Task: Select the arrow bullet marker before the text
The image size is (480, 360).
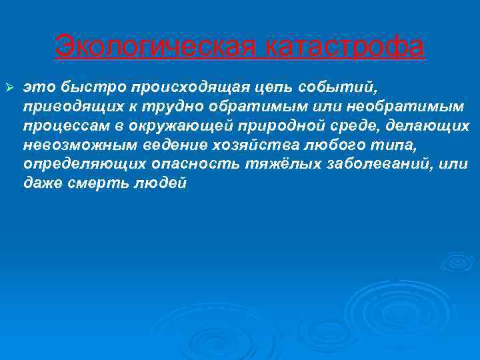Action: tap(10, 87)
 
